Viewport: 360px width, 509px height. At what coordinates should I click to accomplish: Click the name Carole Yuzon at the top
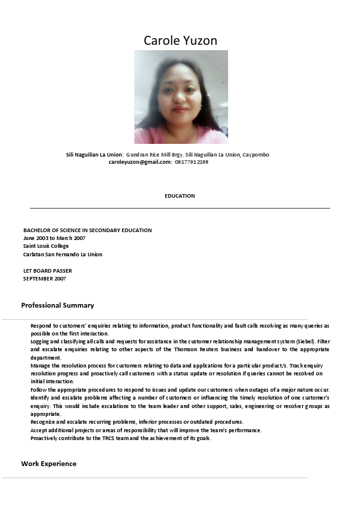(x=180, y=41)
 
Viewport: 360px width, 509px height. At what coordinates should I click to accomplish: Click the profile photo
(x=181, y=97)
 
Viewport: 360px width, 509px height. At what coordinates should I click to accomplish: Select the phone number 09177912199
(x=192, y=162)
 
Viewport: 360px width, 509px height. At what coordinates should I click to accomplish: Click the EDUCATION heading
(x=180, y=196)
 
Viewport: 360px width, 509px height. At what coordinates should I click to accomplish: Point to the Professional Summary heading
(x=57, y=305)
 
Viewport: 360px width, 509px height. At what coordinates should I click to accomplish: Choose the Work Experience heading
(x=48, y=464)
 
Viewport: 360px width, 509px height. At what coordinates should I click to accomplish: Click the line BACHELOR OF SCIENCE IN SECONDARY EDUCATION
(x=87, y=230)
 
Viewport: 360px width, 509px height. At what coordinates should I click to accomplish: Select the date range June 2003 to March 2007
(x=54, y=238)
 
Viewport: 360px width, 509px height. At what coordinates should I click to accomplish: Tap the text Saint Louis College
(x=46, y=246)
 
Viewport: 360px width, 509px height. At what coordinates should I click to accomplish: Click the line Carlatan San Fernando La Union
(x=62, y=254)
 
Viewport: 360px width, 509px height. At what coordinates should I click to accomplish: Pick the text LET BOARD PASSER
(x=47, y=271)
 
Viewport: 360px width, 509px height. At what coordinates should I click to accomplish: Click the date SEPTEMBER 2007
(x=44, y=279)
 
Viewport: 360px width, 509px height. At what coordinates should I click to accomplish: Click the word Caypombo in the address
(x=256, y=155)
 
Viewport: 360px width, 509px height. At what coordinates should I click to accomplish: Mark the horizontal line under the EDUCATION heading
(x=180, y=208)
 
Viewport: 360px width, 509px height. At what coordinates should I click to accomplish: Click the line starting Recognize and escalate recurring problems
(x=137, y=422)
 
